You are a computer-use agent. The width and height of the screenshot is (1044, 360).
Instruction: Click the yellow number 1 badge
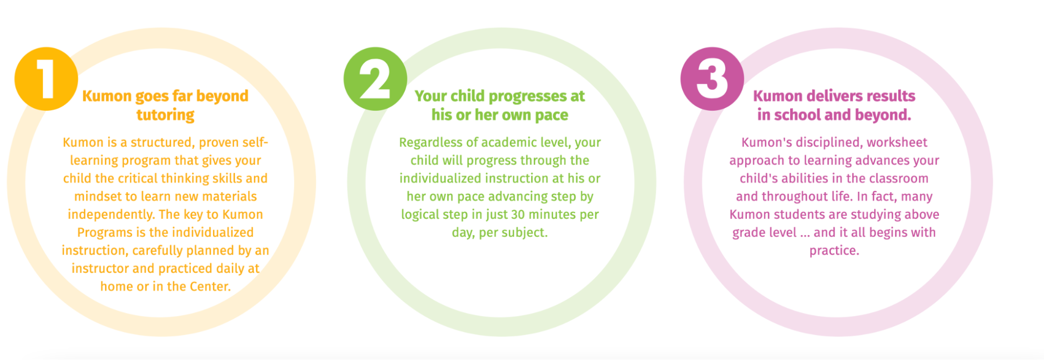[46, 79]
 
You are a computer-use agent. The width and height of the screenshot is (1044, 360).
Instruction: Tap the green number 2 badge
[375, 79]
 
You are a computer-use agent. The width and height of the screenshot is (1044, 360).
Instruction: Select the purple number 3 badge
[712, 79]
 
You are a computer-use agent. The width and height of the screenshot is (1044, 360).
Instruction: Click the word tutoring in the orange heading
[166, 115]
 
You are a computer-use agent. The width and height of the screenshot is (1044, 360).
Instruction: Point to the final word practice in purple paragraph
[834, 251]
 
